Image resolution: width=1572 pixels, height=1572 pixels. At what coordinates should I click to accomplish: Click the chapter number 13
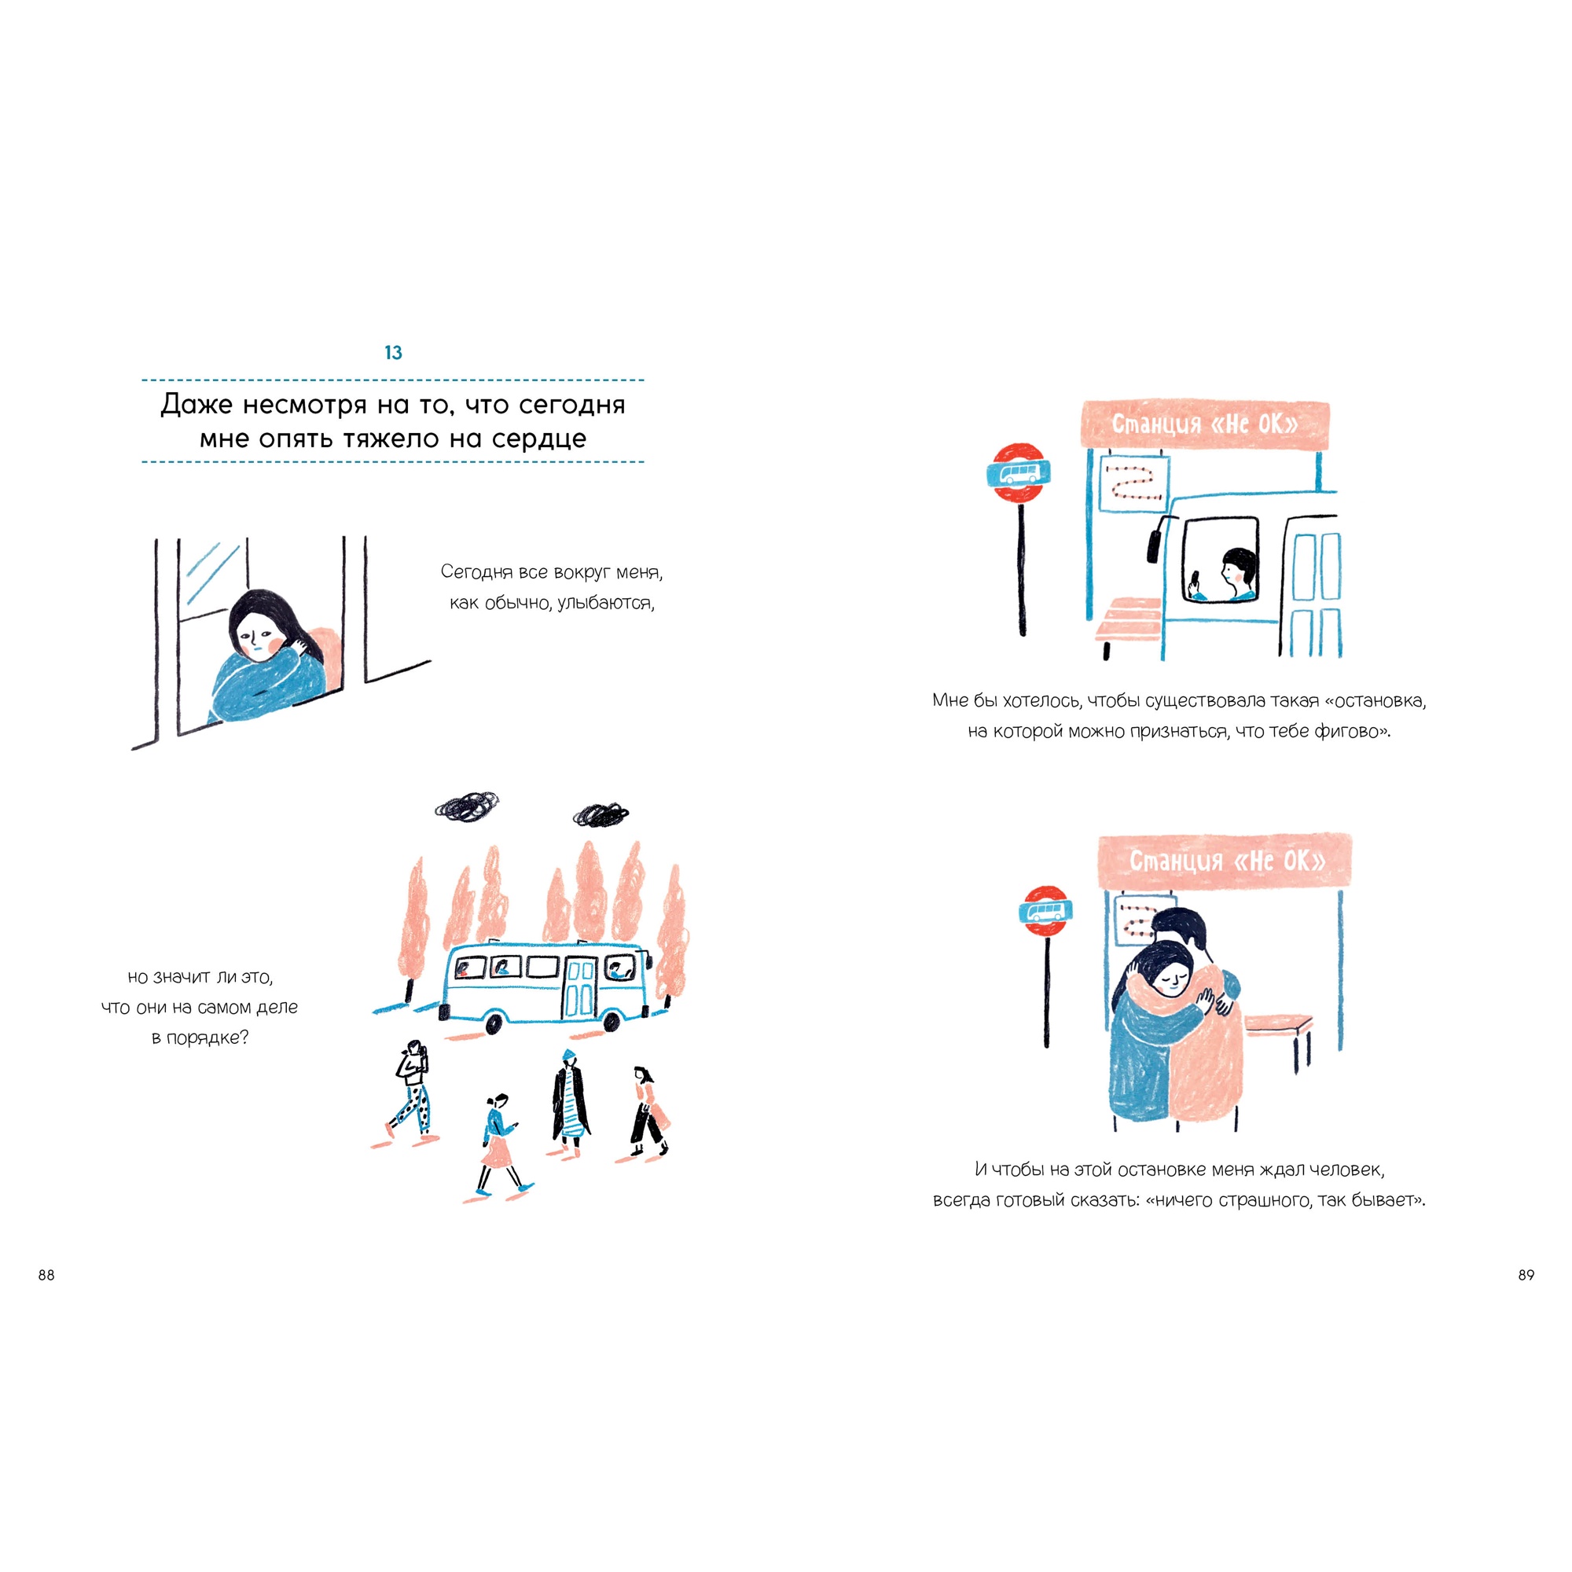393,352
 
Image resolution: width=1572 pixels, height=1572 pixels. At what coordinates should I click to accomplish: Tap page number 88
46,1275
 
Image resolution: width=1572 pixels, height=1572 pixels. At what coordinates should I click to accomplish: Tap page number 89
1526,1275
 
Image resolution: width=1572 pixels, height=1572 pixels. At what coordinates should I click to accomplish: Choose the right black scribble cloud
601,814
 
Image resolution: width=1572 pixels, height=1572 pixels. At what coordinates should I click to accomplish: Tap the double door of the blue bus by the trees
580,988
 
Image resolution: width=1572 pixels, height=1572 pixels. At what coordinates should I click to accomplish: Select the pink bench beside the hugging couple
1278,1027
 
